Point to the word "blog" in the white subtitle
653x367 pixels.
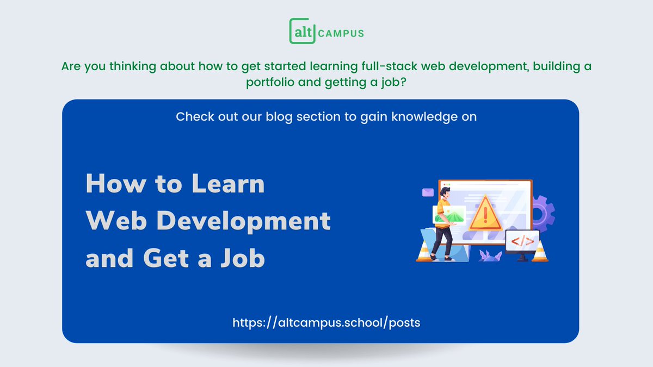[x=279, y=117]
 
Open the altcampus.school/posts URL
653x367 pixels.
[x=326, y=322]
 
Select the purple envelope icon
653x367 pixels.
[x=427, y=192]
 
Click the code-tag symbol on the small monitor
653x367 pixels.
[x=522, y=240]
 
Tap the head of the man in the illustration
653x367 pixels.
[x=445, y=191]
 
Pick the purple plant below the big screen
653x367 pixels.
[x=490, y=255]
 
